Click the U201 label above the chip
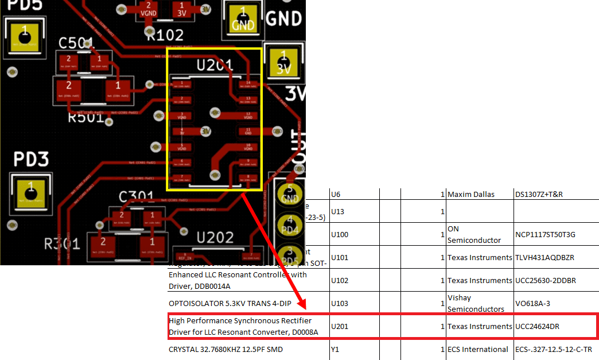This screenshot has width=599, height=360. (x=214, y=64)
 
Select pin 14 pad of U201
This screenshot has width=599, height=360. (x=248, y=85)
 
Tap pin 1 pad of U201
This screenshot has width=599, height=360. (x=182, y=85)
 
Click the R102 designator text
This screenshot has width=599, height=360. (x=165, y=35)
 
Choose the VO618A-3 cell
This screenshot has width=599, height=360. (x=532, y=303)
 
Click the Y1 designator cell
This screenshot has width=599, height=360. (x=336, y=349)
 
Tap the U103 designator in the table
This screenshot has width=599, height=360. (x=340, y=303)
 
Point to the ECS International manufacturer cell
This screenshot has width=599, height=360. (x=477, y=349)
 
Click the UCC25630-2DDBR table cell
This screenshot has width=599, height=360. (x=543, y=280)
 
